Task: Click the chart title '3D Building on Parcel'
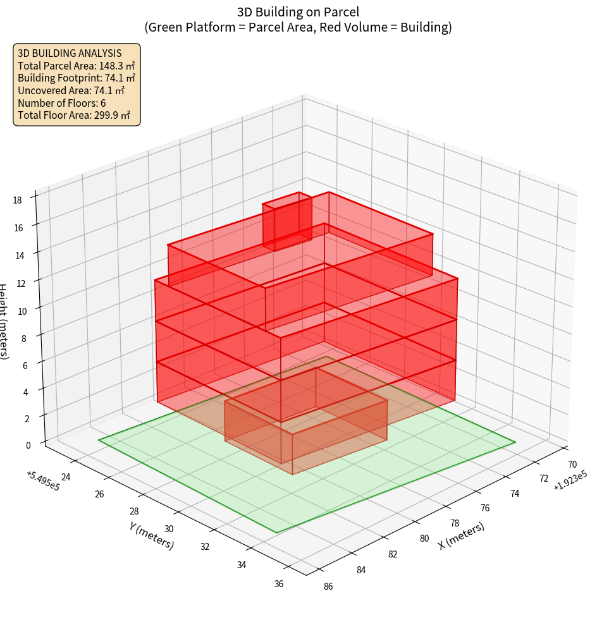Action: [298, 11]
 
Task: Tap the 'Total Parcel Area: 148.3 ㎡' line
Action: [77, 65]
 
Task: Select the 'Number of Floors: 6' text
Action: [62, 103]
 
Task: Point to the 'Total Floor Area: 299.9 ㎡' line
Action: [74, 115]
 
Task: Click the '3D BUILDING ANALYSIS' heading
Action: [70, 53]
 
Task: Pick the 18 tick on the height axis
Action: [17, 200]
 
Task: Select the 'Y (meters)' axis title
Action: [151, 535]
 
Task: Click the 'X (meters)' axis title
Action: [461, 535]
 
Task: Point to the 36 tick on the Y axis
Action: [279, 583]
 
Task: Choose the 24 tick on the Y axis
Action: [65, 477]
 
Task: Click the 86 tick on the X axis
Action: [328, 586]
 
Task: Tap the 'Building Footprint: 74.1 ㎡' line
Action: [77, 78]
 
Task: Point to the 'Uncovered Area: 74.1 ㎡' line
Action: [72, 90]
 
